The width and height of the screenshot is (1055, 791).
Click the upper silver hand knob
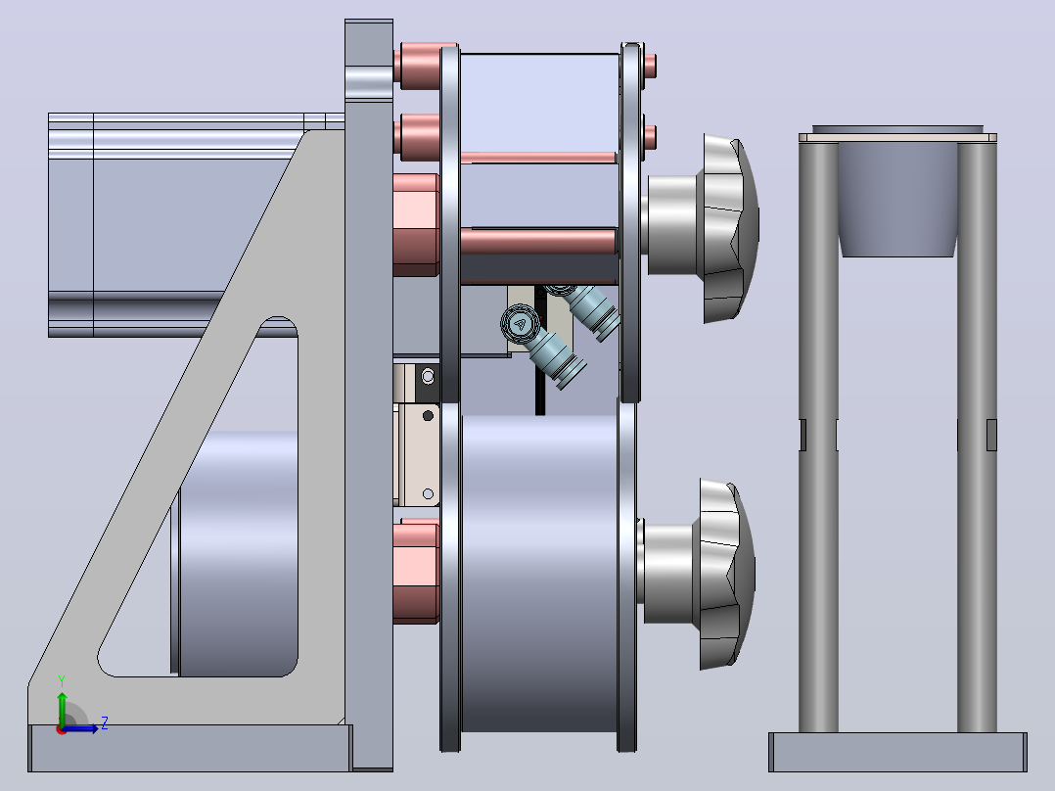pos(703,227)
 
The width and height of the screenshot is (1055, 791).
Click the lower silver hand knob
pos(699,575)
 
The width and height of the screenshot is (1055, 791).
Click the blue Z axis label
pos(105,722)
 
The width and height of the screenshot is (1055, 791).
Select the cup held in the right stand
pos(897,195)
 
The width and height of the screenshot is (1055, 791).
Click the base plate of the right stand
pos(897,752)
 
